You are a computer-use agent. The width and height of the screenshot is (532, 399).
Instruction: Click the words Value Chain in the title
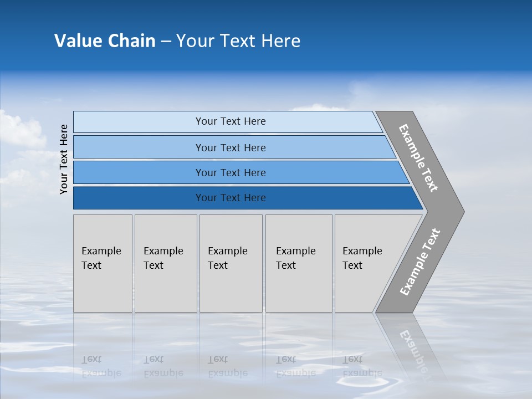[105, 41]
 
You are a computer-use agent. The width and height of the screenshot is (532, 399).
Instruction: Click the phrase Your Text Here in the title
[238, 41]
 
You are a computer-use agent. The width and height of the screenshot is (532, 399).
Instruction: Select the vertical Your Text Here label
[64, 159]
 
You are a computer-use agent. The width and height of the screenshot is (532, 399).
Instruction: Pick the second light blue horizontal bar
[230, 147]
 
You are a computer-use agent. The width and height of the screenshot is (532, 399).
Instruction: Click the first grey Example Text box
[103, 263]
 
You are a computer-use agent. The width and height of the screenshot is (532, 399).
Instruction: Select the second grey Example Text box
[166, 263]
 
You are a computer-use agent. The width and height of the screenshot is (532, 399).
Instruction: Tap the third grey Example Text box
[231, 263]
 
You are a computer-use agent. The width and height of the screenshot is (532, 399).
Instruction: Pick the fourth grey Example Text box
[299, 263]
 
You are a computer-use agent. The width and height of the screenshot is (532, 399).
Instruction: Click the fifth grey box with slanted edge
[366, 263]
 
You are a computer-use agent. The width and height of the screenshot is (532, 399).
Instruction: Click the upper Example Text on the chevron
[418, 158]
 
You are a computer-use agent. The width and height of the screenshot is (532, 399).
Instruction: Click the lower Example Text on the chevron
[420, 262]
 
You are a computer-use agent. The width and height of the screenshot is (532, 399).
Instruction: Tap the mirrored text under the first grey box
[101, 366]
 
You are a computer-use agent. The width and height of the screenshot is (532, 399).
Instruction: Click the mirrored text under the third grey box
[228, 366]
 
